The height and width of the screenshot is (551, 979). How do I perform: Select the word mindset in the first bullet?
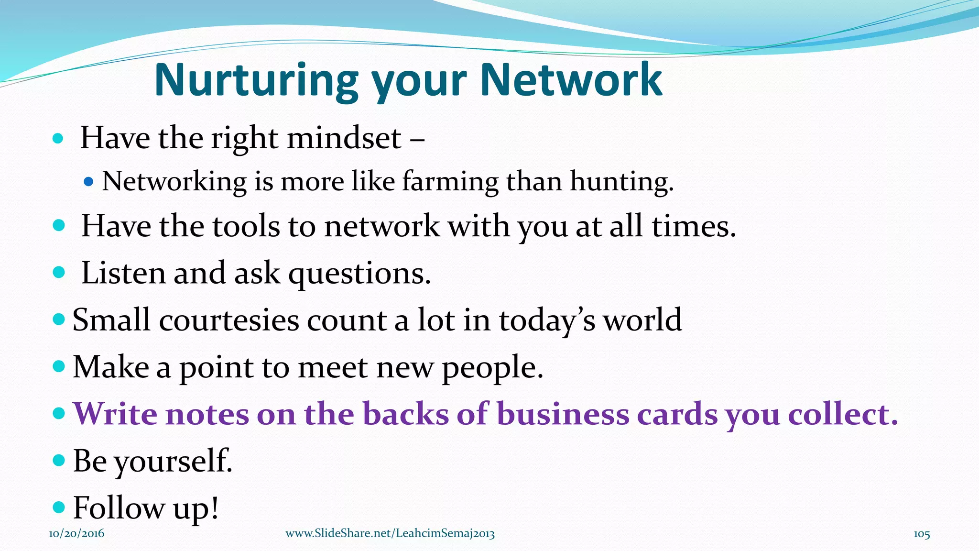tap(344, 139)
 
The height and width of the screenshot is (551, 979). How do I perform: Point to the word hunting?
tap(621, 182)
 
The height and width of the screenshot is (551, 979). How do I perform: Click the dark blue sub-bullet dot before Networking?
tap(88, 182)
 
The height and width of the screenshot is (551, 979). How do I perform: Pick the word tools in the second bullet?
tap(246, 226)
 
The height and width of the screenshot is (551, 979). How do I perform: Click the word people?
tap(492, 368)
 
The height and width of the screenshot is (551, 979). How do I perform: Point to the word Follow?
tap(119, 507)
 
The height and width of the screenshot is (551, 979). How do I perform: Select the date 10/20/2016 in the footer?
tap(76, 534)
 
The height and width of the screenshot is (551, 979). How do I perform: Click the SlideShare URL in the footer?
tap(390, 534)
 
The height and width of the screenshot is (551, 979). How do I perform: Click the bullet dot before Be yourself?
tap(58, 461)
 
